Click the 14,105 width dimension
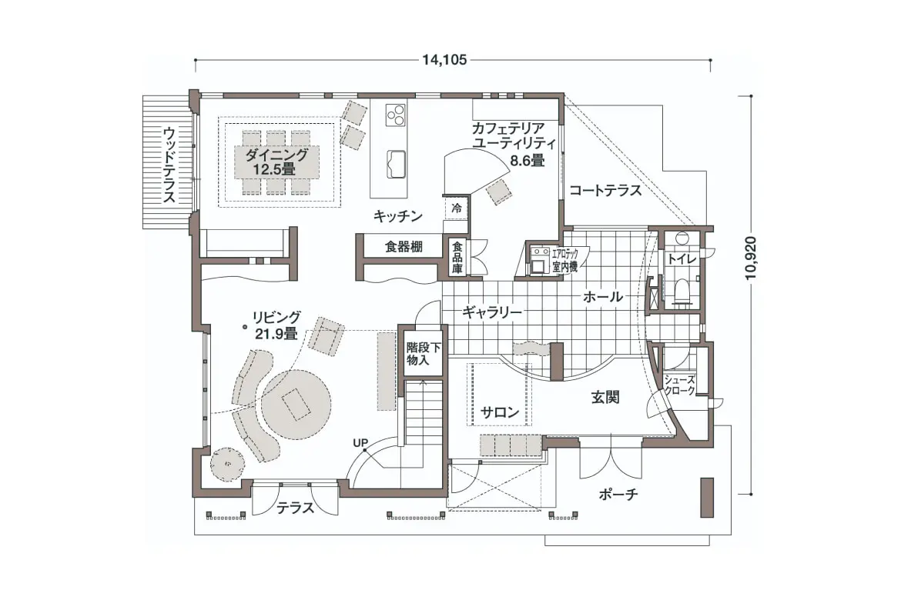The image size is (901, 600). point(444,60)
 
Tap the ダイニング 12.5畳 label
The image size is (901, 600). point(276,162)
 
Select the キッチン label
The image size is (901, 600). point(397,216)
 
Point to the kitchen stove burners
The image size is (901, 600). point(395,114)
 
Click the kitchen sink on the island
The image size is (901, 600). point(396,164)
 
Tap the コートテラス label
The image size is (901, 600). point(605,190)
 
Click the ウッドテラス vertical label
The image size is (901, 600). point(169,164)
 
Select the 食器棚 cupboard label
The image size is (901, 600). point(404,247)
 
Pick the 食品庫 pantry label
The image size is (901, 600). point(457,258)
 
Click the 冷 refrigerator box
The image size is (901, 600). point(456,208)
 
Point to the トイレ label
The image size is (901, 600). point(682,259)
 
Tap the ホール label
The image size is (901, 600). point(603,297)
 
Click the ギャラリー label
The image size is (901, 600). point(492,312)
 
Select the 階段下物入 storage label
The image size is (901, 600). point(424,354)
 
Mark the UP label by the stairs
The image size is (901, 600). point(360,442)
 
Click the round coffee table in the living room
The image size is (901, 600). point(295,405)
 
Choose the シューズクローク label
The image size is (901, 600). point(680,385)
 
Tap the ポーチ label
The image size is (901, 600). point(618,494)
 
